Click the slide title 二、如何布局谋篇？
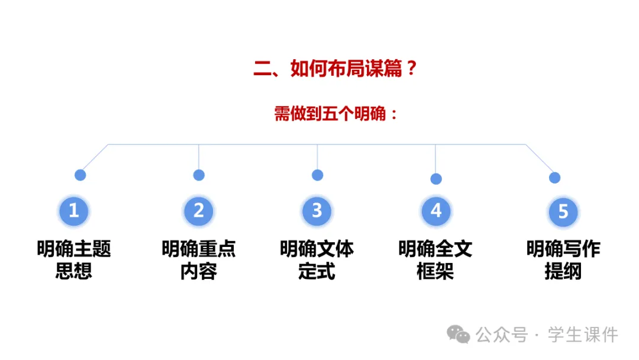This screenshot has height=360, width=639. [335, 69]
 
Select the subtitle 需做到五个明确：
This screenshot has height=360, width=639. [335, 114]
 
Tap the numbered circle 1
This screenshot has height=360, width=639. [74, 210]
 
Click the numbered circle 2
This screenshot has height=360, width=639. [199, 210]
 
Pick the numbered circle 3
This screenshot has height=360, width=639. [317, 210]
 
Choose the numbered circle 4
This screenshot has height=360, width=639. [436, 211]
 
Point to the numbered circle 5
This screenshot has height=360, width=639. [563, 211]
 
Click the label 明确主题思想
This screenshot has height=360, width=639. [74, 260]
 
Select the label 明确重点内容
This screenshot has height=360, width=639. [199, 260]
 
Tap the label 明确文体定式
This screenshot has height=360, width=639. [317, 260]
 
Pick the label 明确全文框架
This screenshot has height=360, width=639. [435, 260]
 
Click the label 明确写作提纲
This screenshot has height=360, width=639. [563, 260]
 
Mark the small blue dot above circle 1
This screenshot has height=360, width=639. [80, 175]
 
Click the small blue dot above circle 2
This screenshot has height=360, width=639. [199, 175]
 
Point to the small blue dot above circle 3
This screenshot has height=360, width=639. [318, 175]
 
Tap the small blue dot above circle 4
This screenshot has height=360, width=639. [436, 179]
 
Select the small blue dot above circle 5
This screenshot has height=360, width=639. [554, 178]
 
